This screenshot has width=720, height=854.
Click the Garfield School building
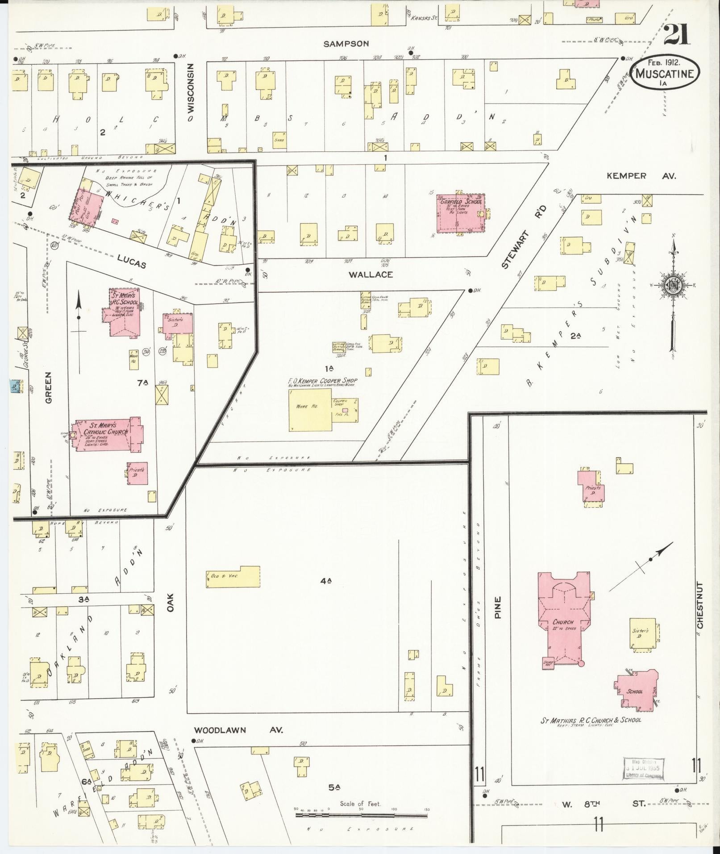pos(460,213)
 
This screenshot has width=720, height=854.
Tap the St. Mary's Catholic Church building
pos(107,435)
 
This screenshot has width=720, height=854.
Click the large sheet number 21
pos(676,35)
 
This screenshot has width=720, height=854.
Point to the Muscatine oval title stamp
pos(665,74)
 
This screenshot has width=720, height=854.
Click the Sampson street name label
pos(346,44)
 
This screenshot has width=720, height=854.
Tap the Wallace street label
pos(370,275)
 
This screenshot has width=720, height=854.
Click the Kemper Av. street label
pos(641,176)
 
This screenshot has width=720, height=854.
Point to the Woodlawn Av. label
pos(239,730)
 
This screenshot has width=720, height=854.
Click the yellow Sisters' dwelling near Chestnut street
pos(642,633)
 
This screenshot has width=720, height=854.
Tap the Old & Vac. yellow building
pos(233,577)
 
